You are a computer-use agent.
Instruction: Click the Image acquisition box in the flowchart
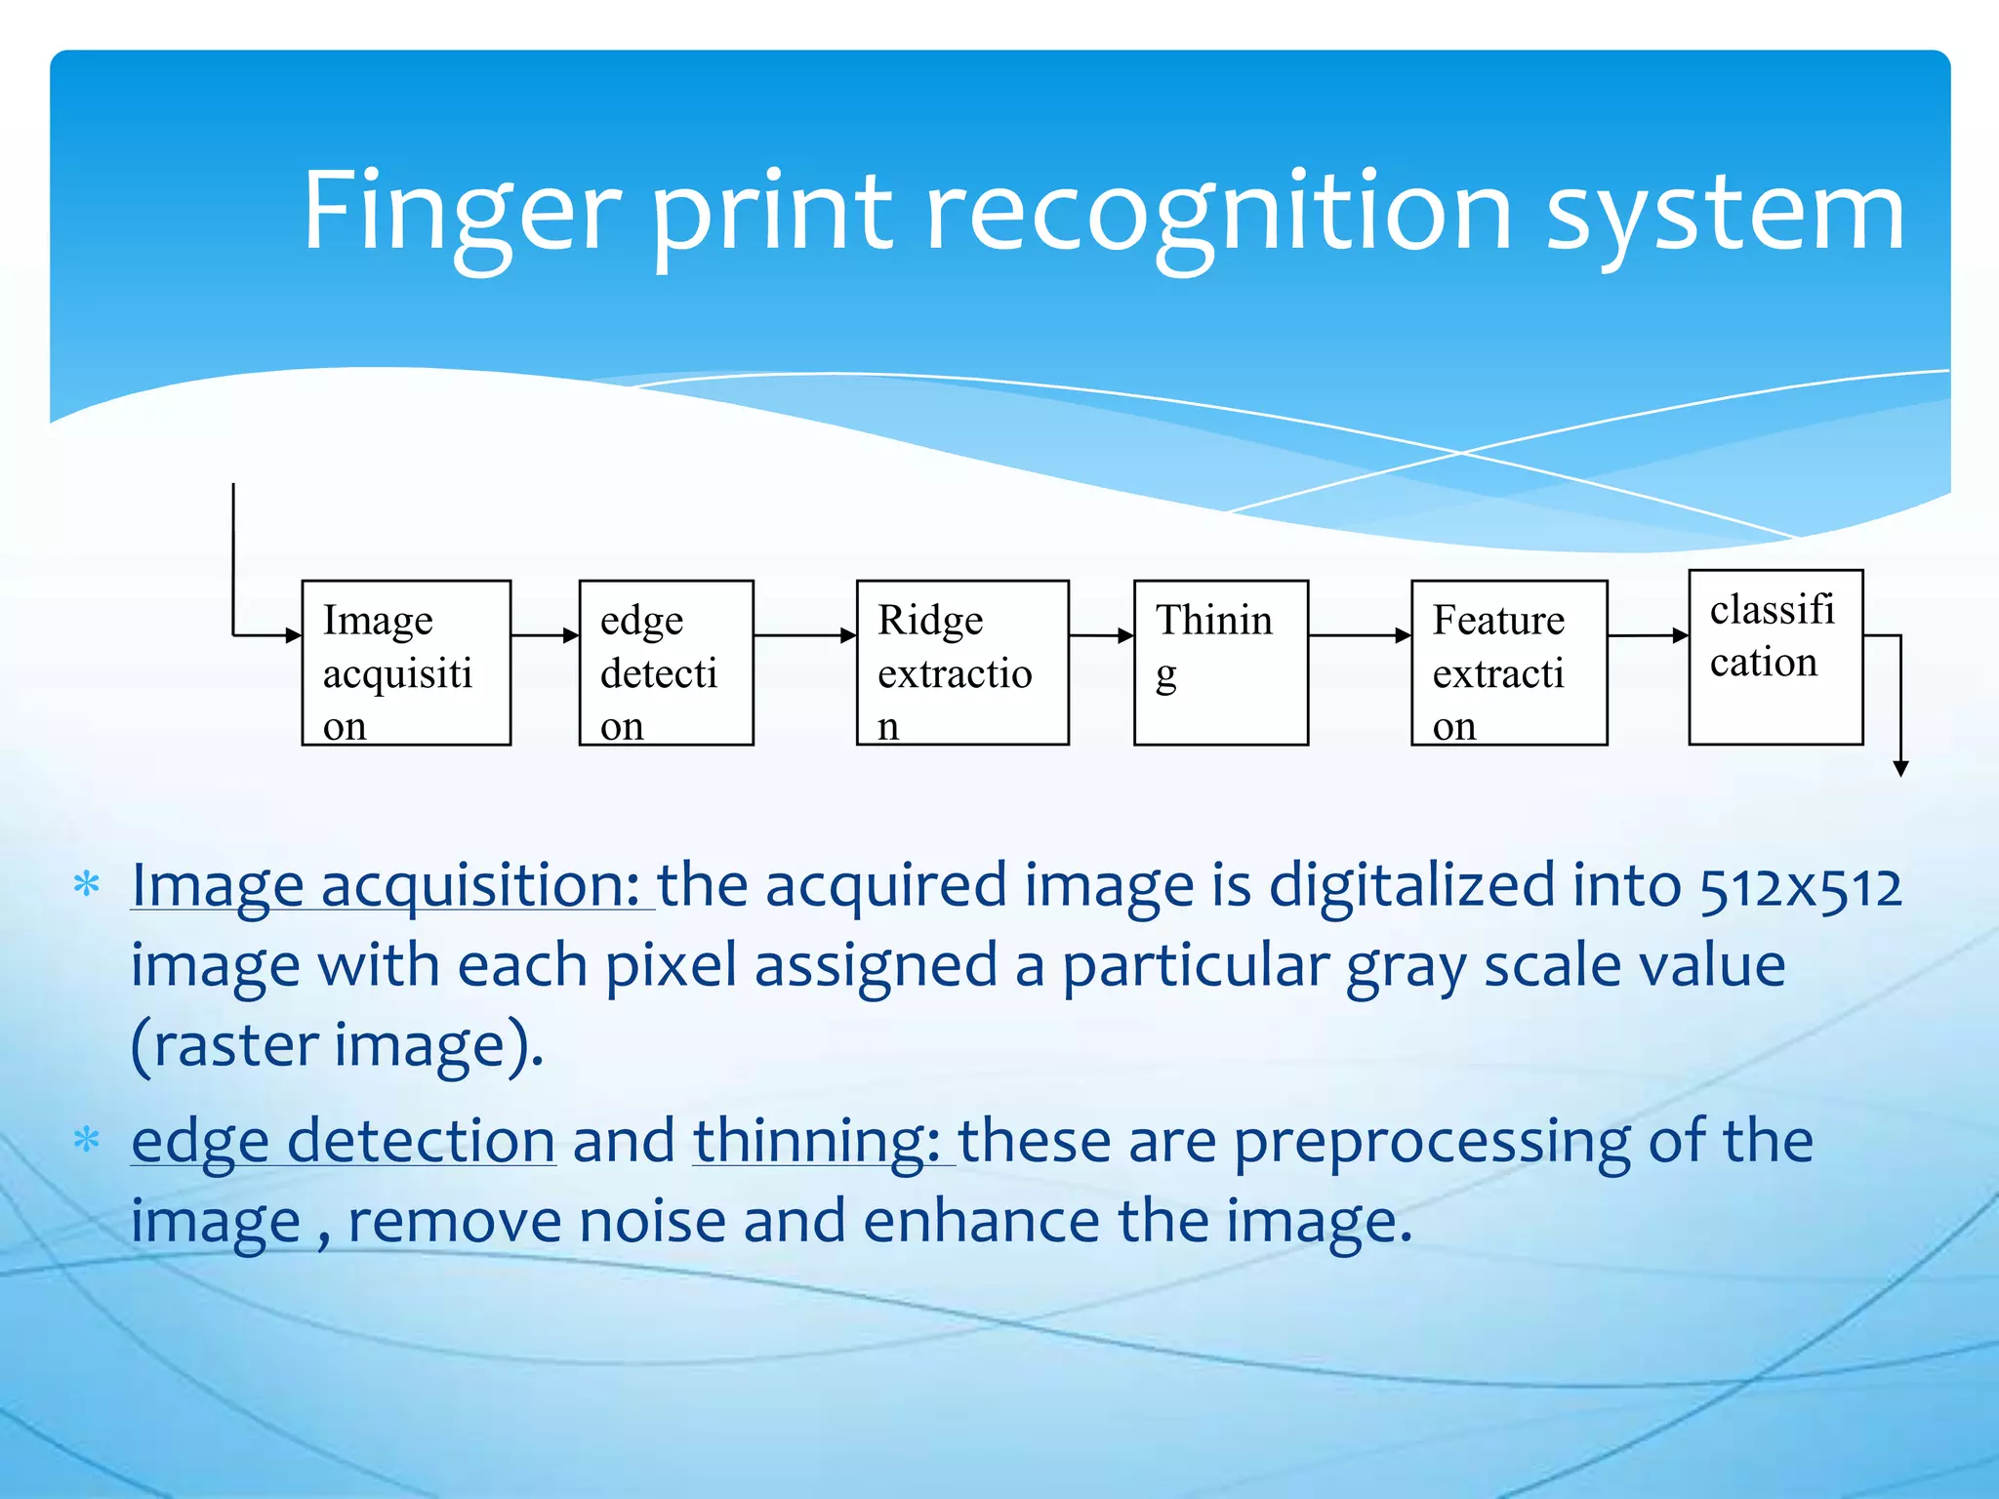pyautogui.click(x=406, y=663)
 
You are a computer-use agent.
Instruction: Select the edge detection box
pyautogui.click(x=666, y=663)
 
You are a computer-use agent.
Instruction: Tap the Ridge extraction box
pyautogui.click(x=962, y=663)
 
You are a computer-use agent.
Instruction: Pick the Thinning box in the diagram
pyautogui.click(x=1220, y=663)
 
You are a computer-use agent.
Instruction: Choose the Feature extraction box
pyautogui.click(x=1509, y=663)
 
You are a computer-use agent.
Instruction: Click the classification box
pyautogui.click(x=1775, y=657)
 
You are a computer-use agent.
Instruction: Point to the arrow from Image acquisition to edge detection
pyautogui.click(x=545, y=635)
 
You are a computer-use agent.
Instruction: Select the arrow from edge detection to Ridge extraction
pyautogui.click(x=804, y=635)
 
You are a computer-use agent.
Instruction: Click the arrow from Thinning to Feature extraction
pyautogui.click(x=1359, y=635)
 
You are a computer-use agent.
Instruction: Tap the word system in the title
pyautogui.click(x=1726, y=213)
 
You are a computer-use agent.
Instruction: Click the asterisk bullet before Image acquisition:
pyautogui.click(x=87, y=885)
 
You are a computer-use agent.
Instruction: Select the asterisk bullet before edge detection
pyautogui.click(x=87, y=1139)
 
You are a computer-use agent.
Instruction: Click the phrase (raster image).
pyautogui.click(x=337, y=1046)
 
